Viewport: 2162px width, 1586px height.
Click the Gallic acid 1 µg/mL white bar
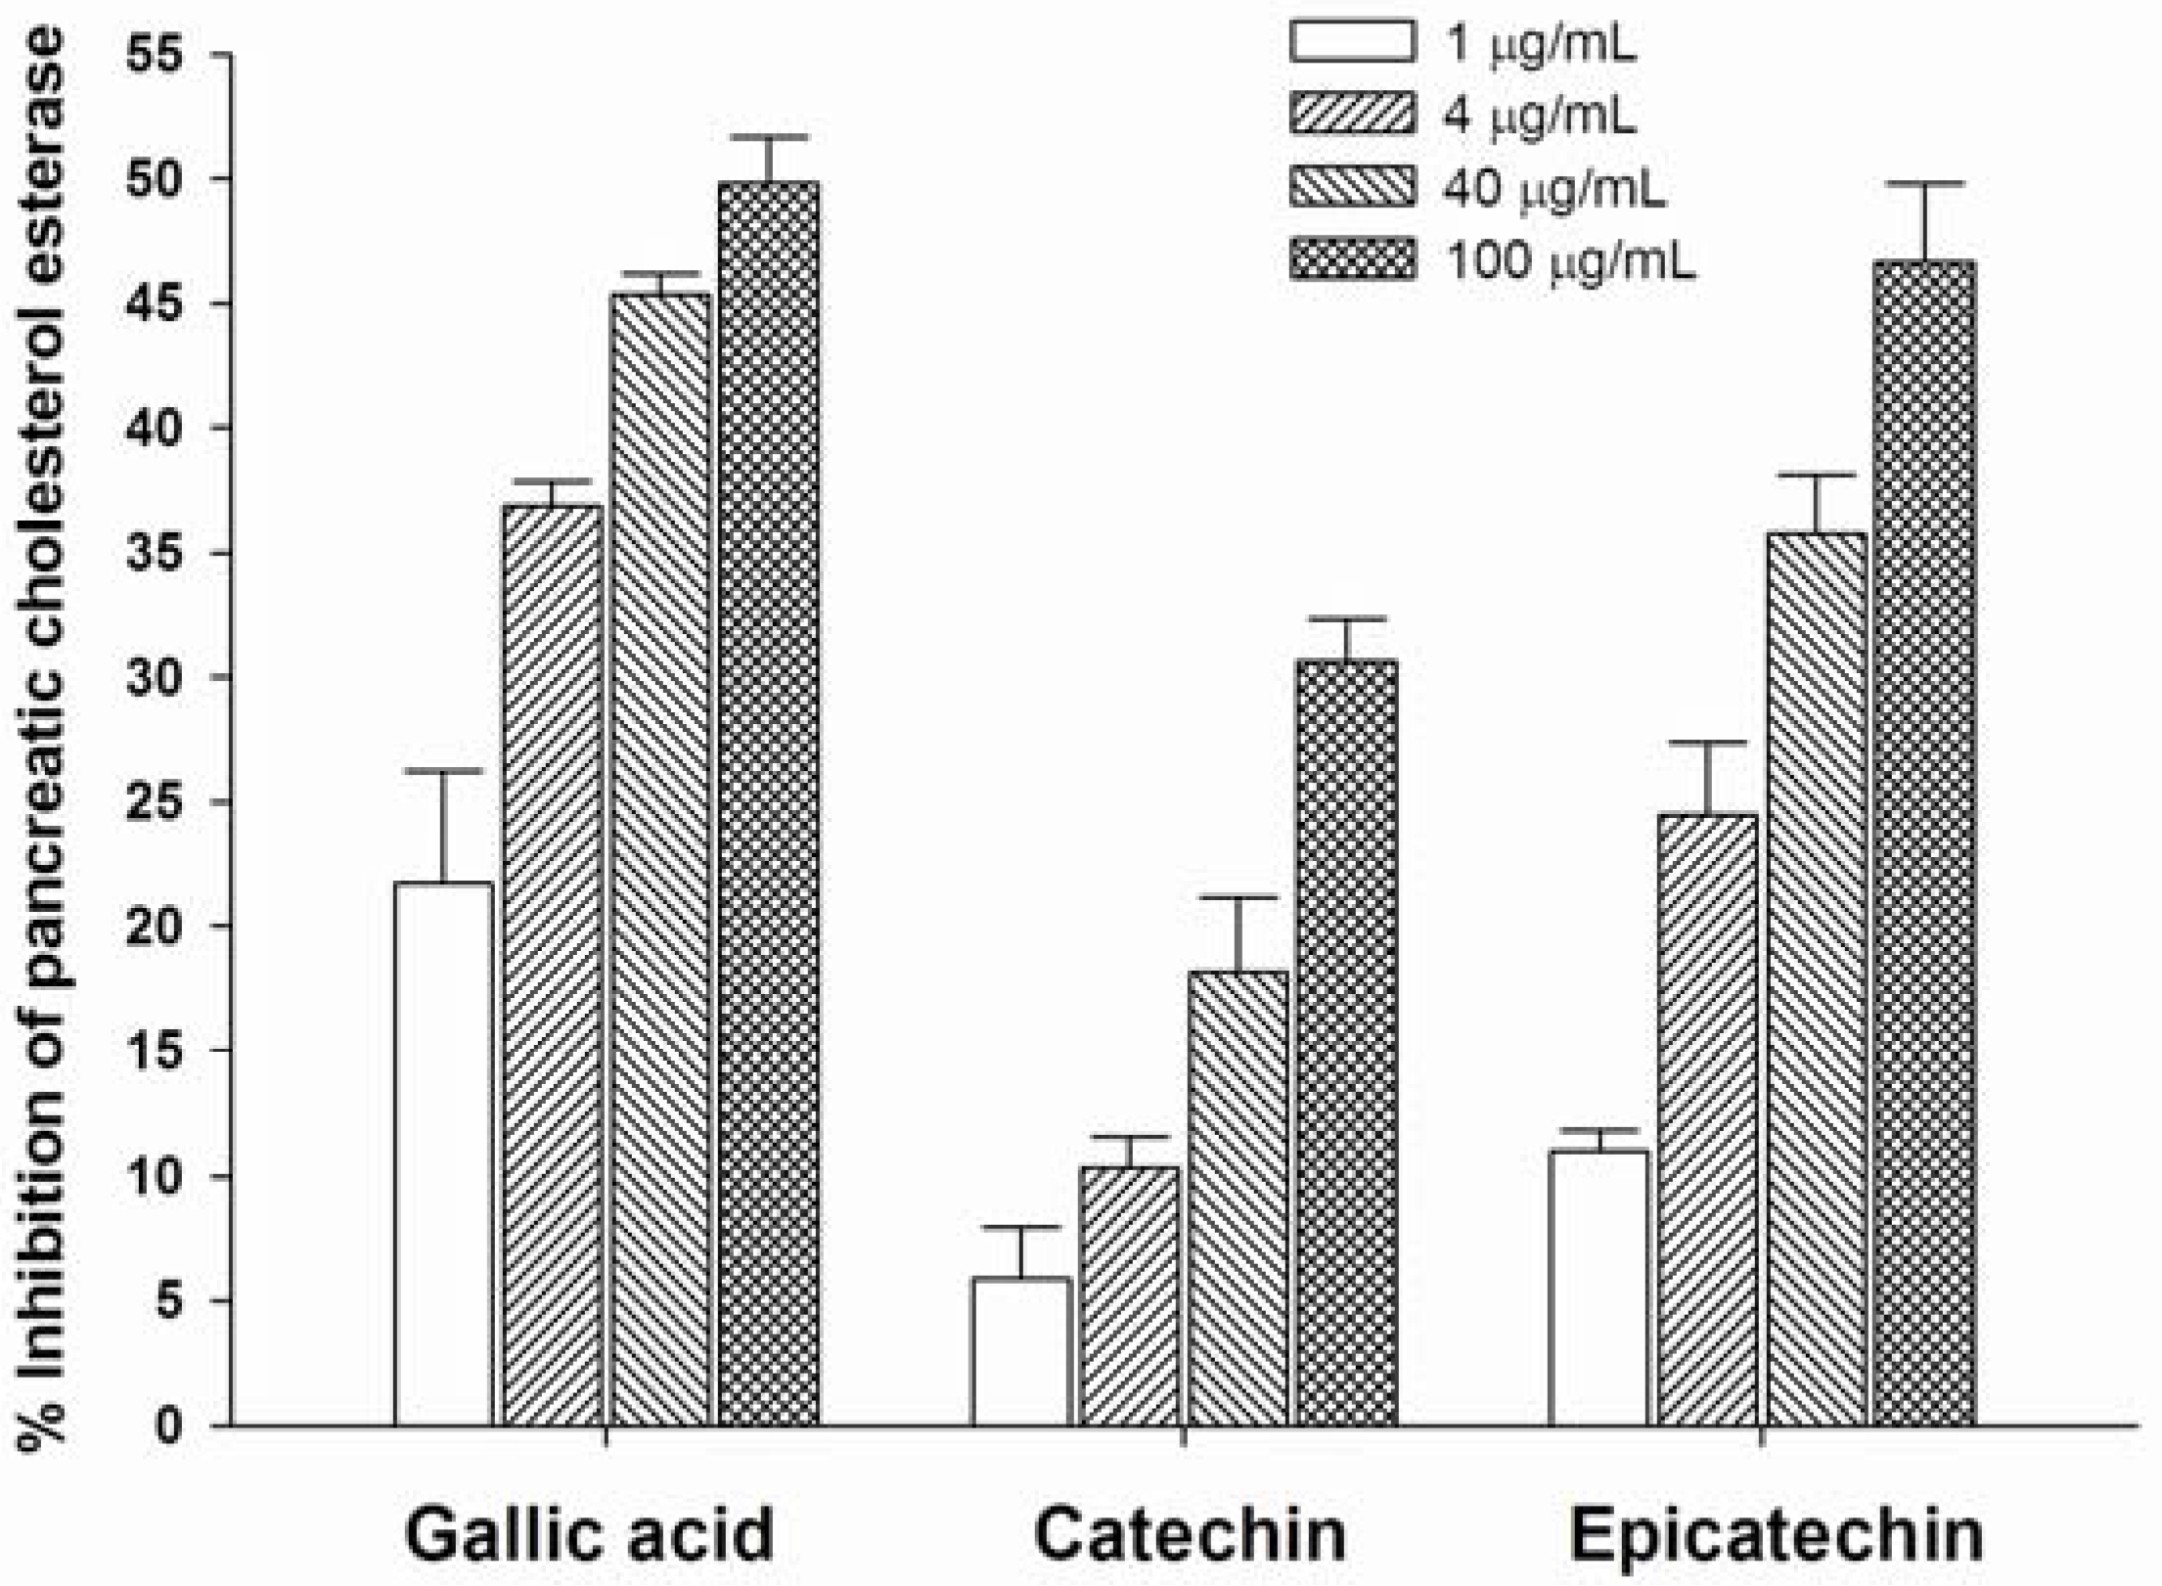tap(443, 1155)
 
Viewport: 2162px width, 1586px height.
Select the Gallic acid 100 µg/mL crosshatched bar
tap(769, 802)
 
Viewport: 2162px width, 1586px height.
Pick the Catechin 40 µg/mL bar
tap(1239, 1199)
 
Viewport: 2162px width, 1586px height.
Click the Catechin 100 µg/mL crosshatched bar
tap(1347, 1042)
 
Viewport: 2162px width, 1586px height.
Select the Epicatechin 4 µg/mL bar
tap(1708, 1120)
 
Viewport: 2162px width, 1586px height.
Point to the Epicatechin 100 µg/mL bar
tap(1924, 841)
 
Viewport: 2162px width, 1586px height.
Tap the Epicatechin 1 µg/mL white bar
tap(1599, 1288)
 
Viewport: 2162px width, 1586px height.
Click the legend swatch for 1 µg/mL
tap(1352, 42)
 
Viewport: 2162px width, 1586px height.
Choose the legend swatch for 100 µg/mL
tap(1352, 260)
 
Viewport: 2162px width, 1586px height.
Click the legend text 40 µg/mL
tap(1554, 189)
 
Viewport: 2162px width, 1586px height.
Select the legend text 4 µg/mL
tap(1539, 115)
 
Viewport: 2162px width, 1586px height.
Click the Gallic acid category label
tap(589, 1534)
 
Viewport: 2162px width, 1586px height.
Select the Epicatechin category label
tap(1777, 1534)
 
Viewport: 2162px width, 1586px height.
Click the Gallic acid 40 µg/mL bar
tap(660, 859)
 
